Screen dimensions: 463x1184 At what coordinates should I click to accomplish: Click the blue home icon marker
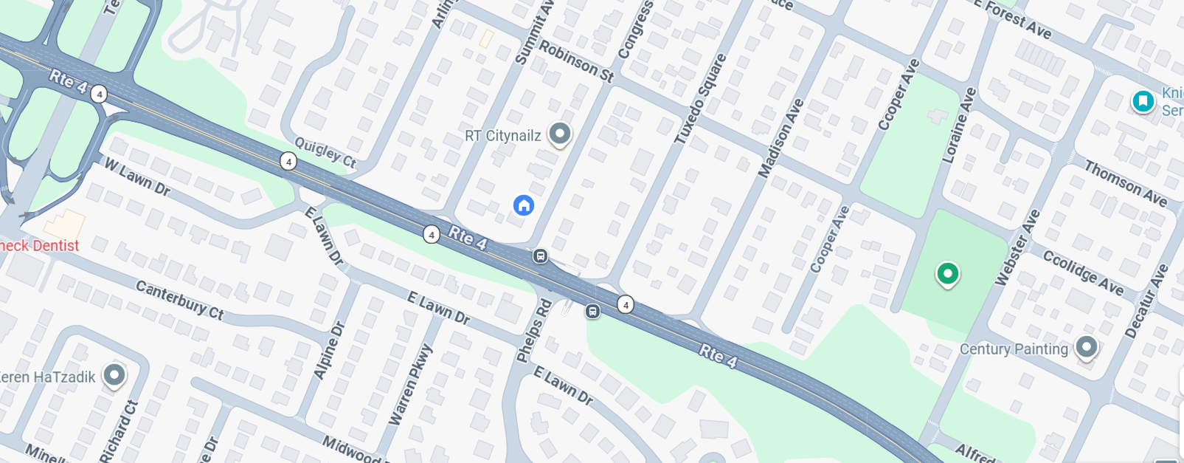click(524, 205)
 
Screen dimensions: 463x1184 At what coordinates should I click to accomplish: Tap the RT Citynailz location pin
click(560, 134)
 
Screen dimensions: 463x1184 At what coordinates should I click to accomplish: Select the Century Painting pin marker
click(1086, 346)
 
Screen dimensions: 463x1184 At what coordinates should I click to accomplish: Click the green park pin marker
click(947, 274)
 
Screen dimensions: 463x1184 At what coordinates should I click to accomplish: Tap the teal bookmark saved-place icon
click(1143, 100)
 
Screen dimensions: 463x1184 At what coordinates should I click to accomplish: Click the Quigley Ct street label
click(325, 152)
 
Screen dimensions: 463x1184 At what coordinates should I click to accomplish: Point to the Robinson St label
click(576, 61)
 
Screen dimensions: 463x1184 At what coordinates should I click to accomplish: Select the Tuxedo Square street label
click(701, 98)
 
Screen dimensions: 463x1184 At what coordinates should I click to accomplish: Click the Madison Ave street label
click(781, 138)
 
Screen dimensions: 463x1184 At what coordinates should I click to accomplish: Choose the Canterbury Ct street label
click(179, 300)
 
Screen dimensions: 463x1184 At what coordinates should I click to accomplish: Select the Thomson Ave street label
click(1125, 184)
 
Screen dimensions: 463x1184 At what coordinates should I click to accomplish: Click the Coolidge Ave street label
click(1083, 272)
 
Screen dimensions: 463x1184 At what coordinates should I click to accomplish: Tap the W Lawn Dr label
click(137, 177)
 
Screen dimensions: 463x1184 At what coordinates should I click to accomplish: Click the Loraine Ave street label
click(959, 125)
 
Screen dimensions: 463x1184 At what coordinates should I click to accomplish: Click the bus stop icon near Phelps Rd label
click(592, 312)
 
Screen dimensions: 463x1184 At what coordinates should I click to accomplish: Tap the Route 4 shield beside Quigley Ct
click(288, 162)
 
